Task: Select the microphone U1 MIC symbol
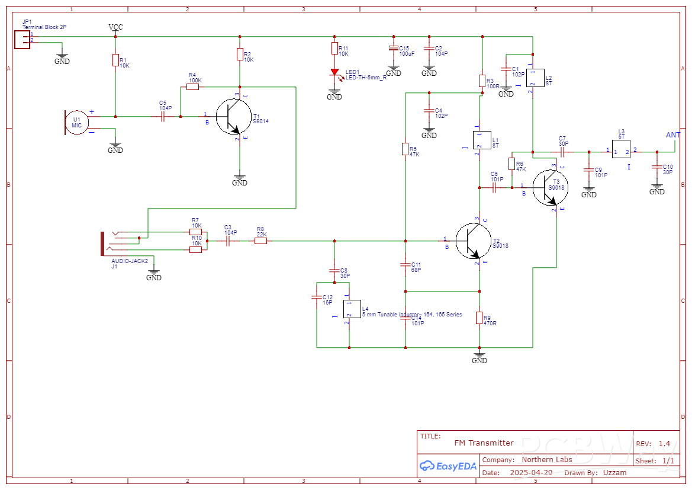click(x=77, y=123)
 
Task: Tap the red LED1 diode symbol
click(x=334, y=72)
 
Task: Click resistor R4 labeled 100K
click(x=192, y=87)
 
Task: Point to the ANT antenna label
click(x=673, y=135)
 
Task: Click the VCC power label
click(x=115, y=27)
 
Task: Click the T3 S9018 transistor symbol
click(x=549, y=188)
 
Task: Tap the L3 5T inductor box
click(x=622, y=152)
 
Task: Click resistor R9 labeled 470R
click(x=479, y=318)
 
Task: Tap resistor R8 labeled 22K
click(x=260, y=241)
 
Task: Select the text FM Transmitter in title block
click(x=484, y=443)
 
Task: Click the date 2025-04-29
click(x=530, y=472)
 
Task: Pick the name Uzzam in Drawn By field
click(x=614, y=472)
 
